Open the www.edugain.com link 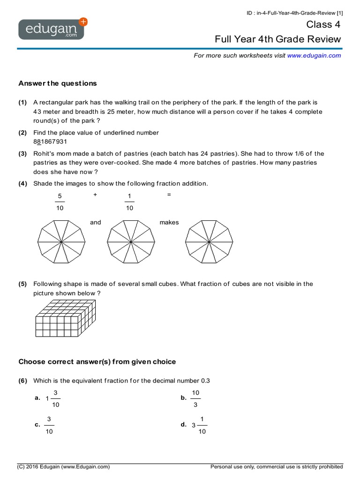(x=314, y=55)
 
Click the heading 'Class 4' (x=323, y=24)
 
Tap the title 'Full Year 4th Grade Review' (x=277, y=39)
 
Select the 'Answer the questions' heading (x=58, y=83)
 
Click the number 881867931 (x=50, y=142)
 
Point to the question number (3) (x=22, y=154)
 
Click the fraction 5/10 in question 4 (x=60, y=202)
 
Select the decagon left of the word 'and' (x=61, y=241)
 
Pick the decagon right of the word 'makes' (x=209, y=241)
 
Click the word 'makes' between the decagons (x=169, y=222)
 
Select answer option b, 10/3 (x=195, y=398)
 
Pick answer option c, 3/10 (x=49, y=425)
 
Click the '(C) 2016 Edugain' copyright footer (x=64, y=467)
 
